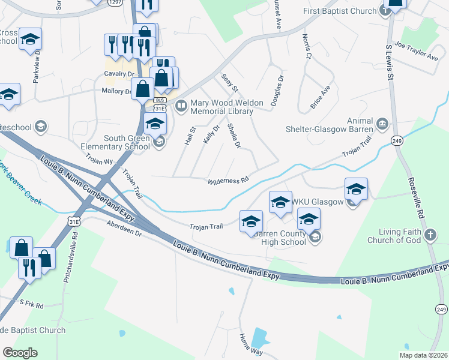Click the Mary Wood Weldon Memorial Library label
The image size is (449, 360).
tap(227, 107)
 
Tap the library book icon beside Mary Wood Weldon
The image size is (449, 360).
tap(181, 106)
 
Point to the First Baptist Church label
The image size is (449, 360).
tap(340, 11)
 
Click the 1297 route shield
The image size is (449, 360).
tap(115, 2)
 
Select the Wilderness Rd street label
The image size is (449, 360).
tap(228, 181)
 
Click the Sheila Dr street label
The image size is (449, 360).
tap(235, 137)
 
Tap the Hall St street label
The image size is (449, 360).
tap(192, 137)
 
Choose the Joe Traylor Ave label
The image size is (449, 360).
tap(417, 52)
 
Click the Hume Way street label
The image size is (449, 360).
tap(251, 344)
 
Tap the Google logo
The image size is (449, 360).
tap(20, 352)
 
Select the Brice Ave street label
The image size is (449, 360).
tap(320, 97)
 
